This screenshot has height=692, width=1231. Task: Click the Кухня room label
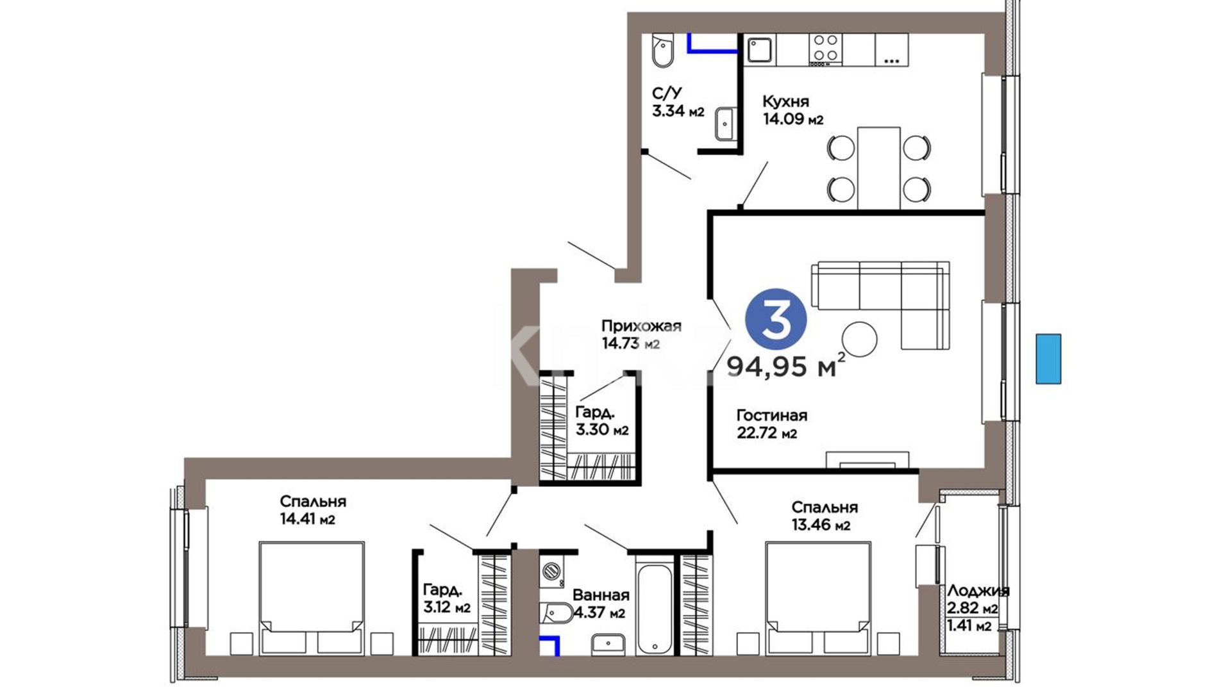tap(785, 101)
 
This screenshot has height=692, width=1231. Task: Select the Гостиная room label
tap(771, 415)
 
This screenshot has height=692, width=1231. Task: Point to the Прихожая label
tap(641, 326)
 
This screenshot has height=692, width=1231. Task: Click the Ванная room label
tap(601, 595)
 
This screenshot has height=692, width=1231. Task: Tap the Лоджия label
tap(978, 591)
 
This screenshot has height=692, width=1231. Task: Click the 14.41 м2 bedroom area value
tap(308, 519)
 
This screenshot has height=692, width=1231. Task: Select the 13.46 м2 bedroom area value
tap(821, 525)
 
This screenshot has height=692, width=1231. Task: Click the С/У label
tap(667, 94)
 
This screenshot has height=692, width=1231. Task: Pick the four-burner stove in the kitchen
tap(825, 49)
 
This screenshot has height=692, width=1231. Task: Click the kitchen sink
tap(760, 49)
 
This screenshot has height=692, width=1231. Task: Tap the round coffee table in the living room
tap(859, 339)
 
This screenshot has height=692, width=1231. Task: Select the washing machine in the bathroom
tap(551, 570)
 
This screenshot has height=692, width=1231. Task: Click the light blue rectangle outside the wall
tap(1048, 359)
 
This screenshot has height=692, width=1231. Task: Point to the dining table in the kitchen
tap(878, 168)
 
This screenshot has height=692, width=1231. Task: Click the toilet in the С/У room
tap(662, 51)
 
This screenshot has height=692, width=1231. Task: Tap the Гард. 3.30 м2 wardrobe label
tap(601, 421)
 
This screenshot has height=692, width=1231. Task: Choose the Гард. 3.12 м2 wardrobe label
tap(447, 598)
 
